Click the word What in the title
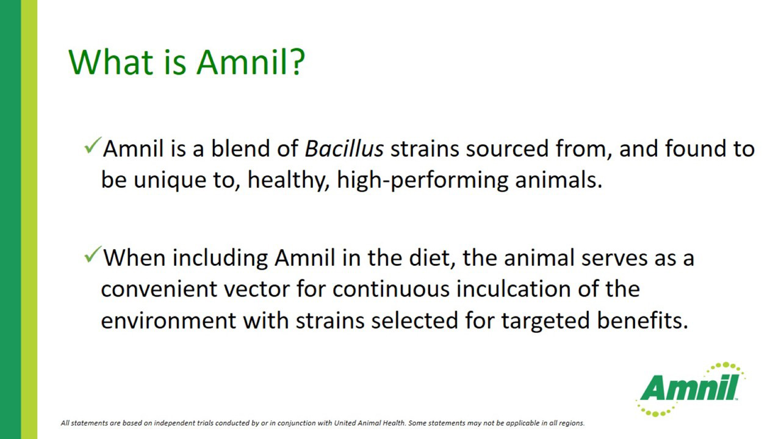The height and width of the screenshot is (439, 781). point(111,62)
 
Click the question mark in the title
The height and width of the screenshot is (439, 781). point(298,62)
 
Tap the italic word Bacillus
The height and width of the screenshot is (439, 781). point(344,149)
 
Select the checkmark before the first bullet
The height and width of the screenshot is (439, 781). point(93,145)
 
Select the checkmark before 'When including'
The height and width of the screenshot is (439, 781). point(93,254)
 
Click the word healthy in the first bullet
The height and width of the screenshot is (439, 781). point(289,180)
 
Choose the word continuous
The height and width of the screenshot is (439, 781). point(391,289)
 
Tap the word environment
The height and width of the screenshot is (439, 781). point(168,321)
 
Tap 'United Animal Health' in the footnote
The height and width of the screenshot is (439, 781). point(370,423)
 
